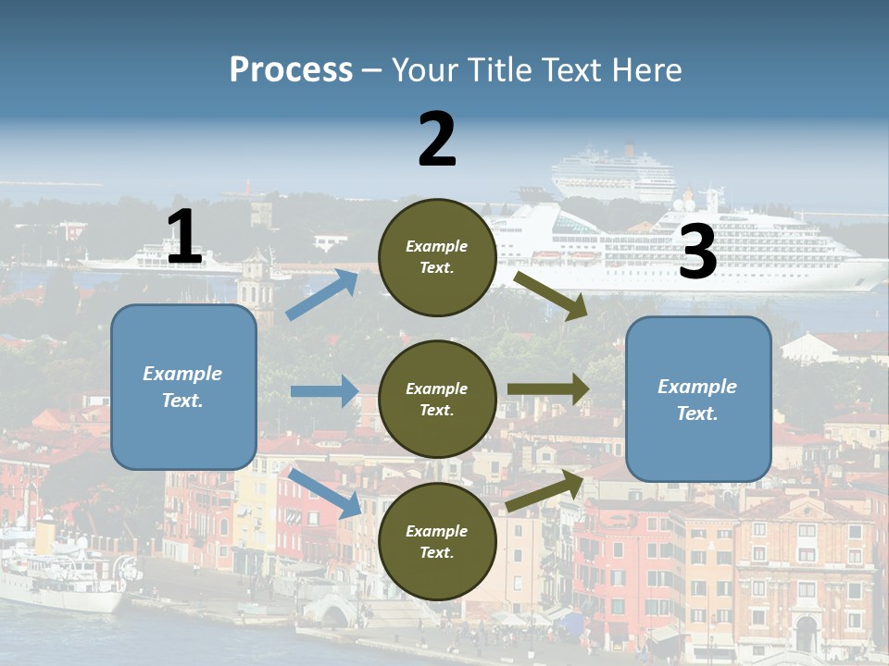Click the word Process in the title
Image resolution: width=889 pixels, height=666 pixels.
[291, 69]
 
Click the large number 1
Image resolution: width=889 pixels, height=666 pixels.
[184, 238]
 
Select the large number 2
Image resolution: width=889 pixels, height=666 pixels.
[437, 140]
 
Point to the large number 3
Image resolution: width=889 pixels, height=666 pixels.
[697, 253]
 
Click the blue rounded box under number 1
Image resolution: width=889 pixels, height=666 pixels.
[183, 387]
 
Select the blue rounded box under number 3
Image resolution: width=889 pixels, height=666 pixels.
[698, 399]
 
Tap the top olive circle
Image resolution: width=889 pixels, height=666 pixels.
[437, 257]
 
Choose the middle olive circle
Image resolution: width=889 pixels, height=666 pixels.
[437, 399]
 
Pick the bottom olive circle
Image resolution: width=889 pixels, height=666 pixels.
[437, 541]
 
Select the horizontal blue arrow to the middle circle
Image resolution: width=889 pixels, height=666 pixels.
[324, 391]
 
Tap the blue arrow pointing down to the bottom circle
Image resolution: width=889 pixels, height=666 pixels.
[325, 492]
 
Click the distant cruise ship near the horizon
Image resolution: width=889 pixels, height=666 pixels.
[615, 173]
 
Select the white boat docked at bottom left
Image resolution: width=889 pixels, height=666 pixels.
[60, 573]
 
